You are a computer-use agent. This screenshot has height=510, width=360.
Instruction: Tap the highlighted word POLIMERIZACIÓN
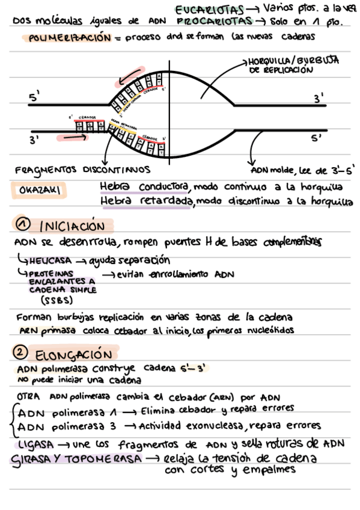click(x=70, y=38)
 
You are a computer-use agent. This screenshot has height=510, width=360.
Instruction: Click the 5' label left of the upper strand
click(x=34, y=97)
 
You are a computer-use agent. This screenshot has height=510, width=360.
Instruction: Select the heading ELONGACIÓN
click(x=73, y=353)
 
